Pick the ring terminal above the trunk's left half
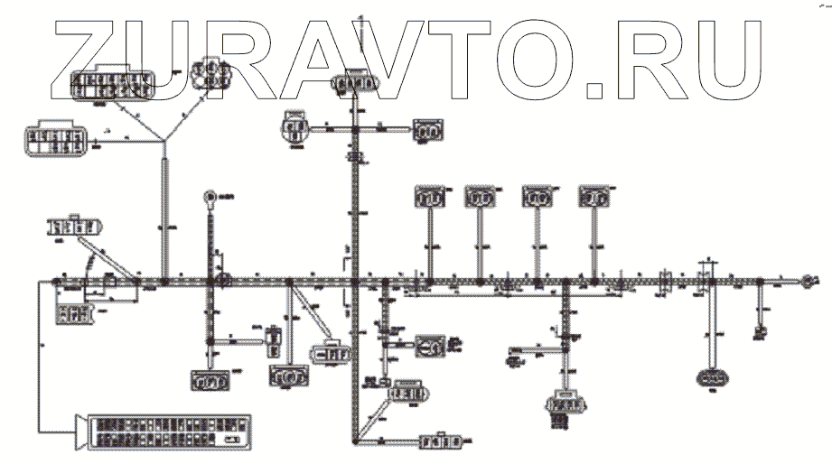click(x=209, y=195)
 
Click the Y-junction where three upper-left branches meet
click(x=165, y=139)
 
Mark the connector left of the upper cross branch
click(x=294, y=125)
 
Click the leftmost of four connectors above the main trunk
click(x=429, y=197)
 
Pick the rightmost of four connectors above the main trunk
click(x=594, y=197)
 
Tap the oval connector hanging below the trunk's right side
click(x=713, y=376)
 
